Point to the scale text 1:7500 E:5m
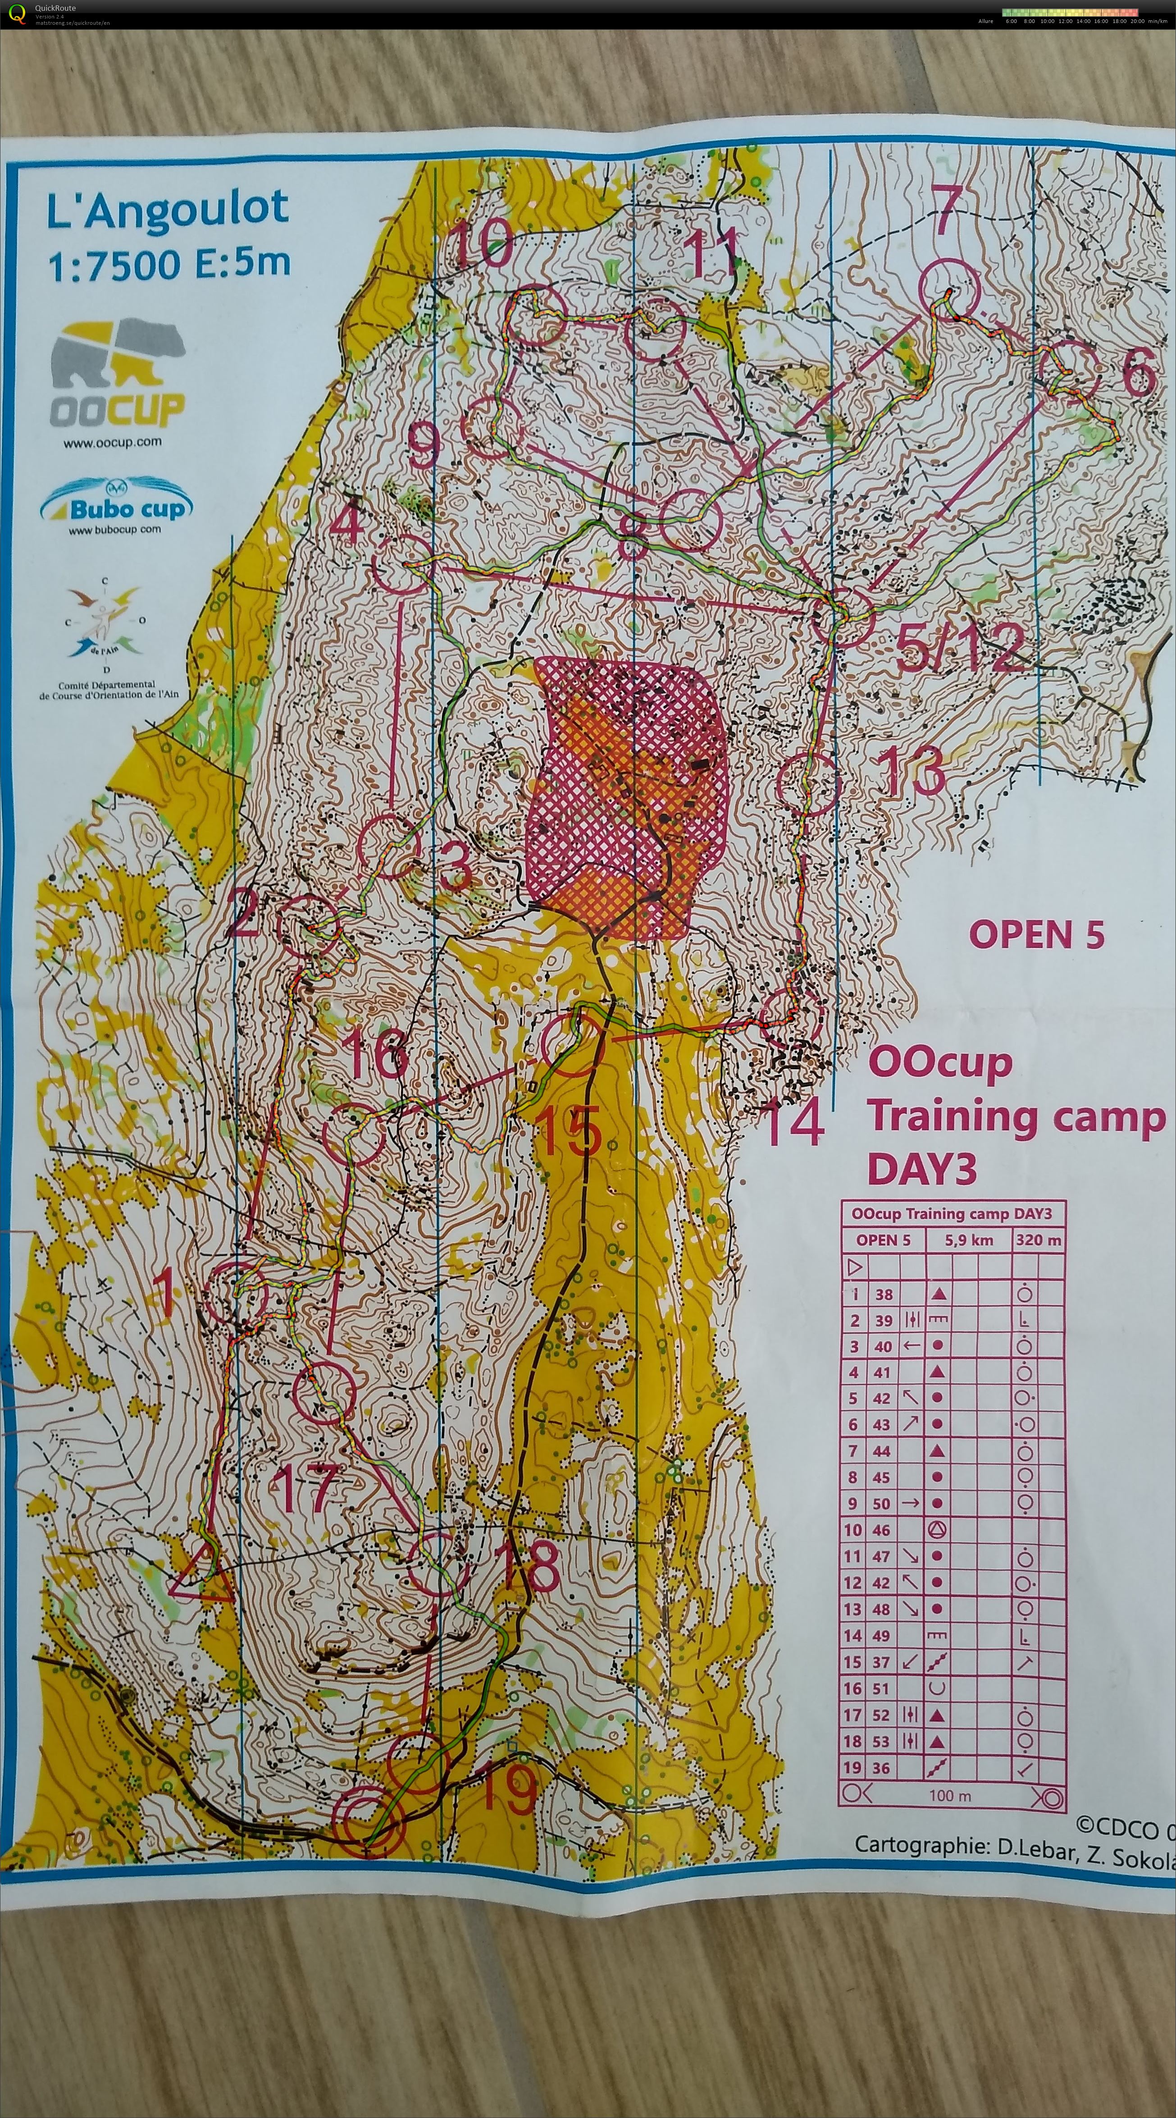(169, 265)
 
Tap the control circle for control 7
(949, 288)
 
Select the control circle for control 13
(808, 783)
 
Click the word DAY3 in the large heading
(921, 1168)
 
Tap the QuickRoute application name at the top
(55, 8)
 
